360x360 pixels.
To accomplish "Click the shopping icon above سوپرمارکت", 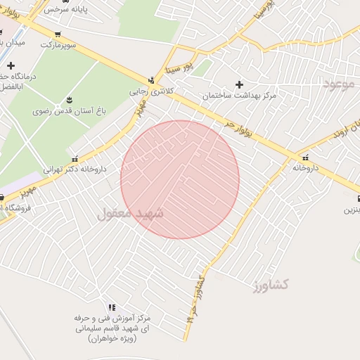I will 58,34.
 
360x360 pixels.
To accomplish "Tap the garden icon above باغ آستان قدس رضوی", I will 69,100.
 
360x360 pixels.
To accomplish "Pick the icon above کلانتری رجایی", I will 150,80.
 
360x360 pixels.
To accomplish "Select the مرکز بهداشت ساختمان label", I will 240,95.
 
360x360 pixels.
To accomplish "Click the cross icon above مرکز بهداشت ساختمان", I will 240,84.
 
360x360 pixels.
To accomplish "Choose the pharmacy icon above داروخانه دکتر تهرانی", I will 75,158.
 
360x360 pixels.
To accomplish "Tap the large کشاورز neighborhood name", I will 271,284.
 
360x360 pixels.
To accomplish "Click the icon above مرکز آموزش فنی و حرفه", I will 111,307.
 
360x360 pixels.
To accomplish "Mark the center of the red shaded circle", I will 180,180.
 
